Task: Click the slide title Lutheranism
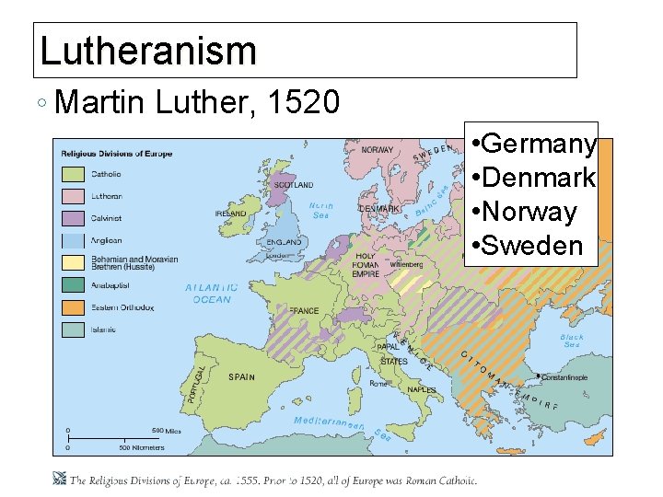pyautogui.click(x=148, y=51)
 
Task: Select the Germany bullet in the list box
pyautogui.click(x=532, y=144)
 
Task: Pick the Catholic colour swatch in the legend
pyautogui.click(x=74, y=174)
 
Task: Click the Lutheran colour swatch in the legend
pyautogui.click(x=74, y=196)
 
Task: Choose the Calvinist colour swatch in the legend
pyautogui.click(x=74, y=218)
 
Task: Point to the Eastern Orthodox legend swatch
pyautogui.click(x=74, y=307)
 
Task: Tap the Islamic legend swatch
pyautogui.click(x=74, y=329)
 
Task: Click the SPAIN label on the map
pyautogui.click(x=242, y=376)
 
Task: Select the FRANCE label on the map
pyautogui.click(x=303, y=311)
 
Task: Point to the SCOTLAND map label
pyautogui.click(x=294, y=185)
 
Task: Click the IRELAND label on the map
pyautogui.click(x=230, y=214)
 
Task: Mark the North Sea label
pyautogui.click(x=320, y=211)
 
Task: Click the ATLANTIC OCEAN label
pyautogui.click(x=212, y=294)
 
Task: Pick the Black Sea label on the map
pyautogui.click(x=572, y=341)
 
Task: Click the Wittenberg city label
pyautogui.click(x=406, y=264)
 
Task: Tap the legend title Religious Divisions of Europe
pyautogui.click(x=117, y=154)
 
